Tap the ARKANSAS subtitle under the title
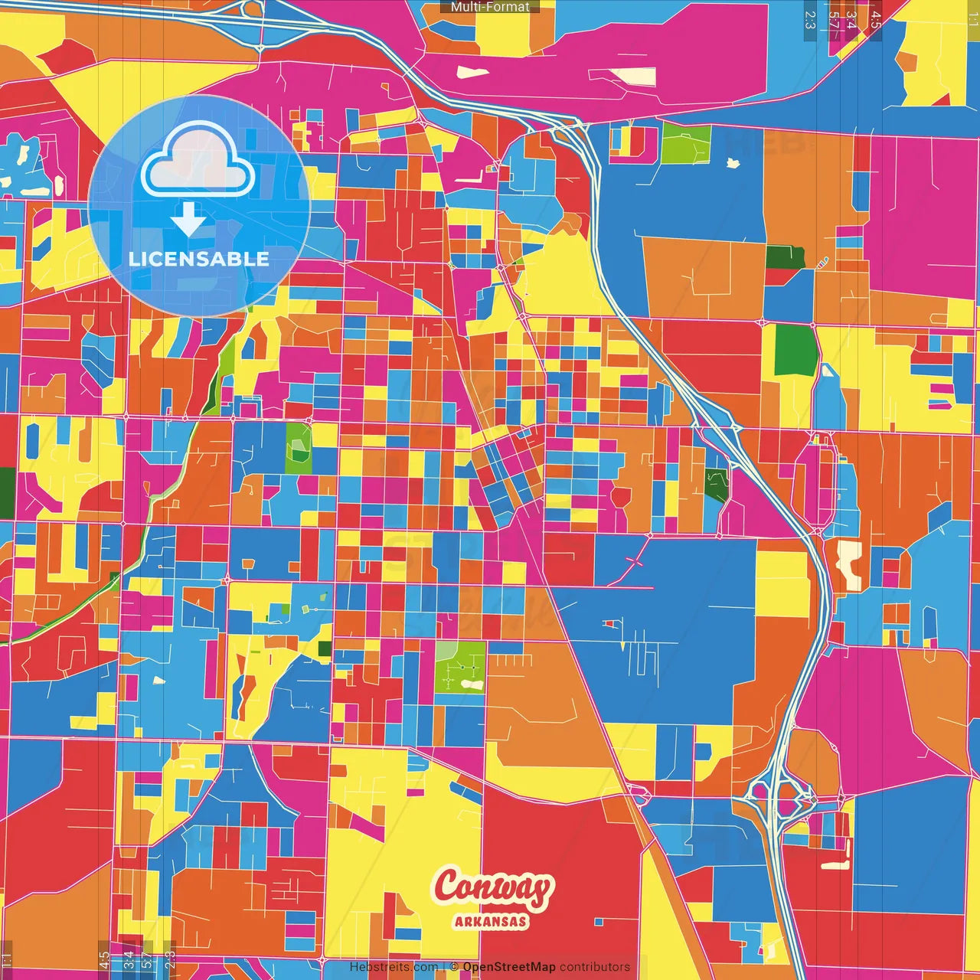pos(491,921)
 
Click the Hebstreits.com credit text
pos(394,967)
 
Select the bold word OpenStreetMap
pos(508,967)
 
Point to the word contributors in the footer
pos(595,967)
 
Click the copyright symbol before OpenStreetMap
pos(453,967)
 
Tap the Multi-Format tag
pos(490,7)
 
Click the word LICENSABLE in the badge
pos(199,259)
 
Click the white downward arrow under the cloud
pos(188,220)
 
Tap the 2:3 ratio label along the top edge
pos(810,19)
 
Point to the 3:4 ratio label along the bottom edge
pos(128,959)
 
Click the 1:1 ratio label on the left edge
pos(6,959)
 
